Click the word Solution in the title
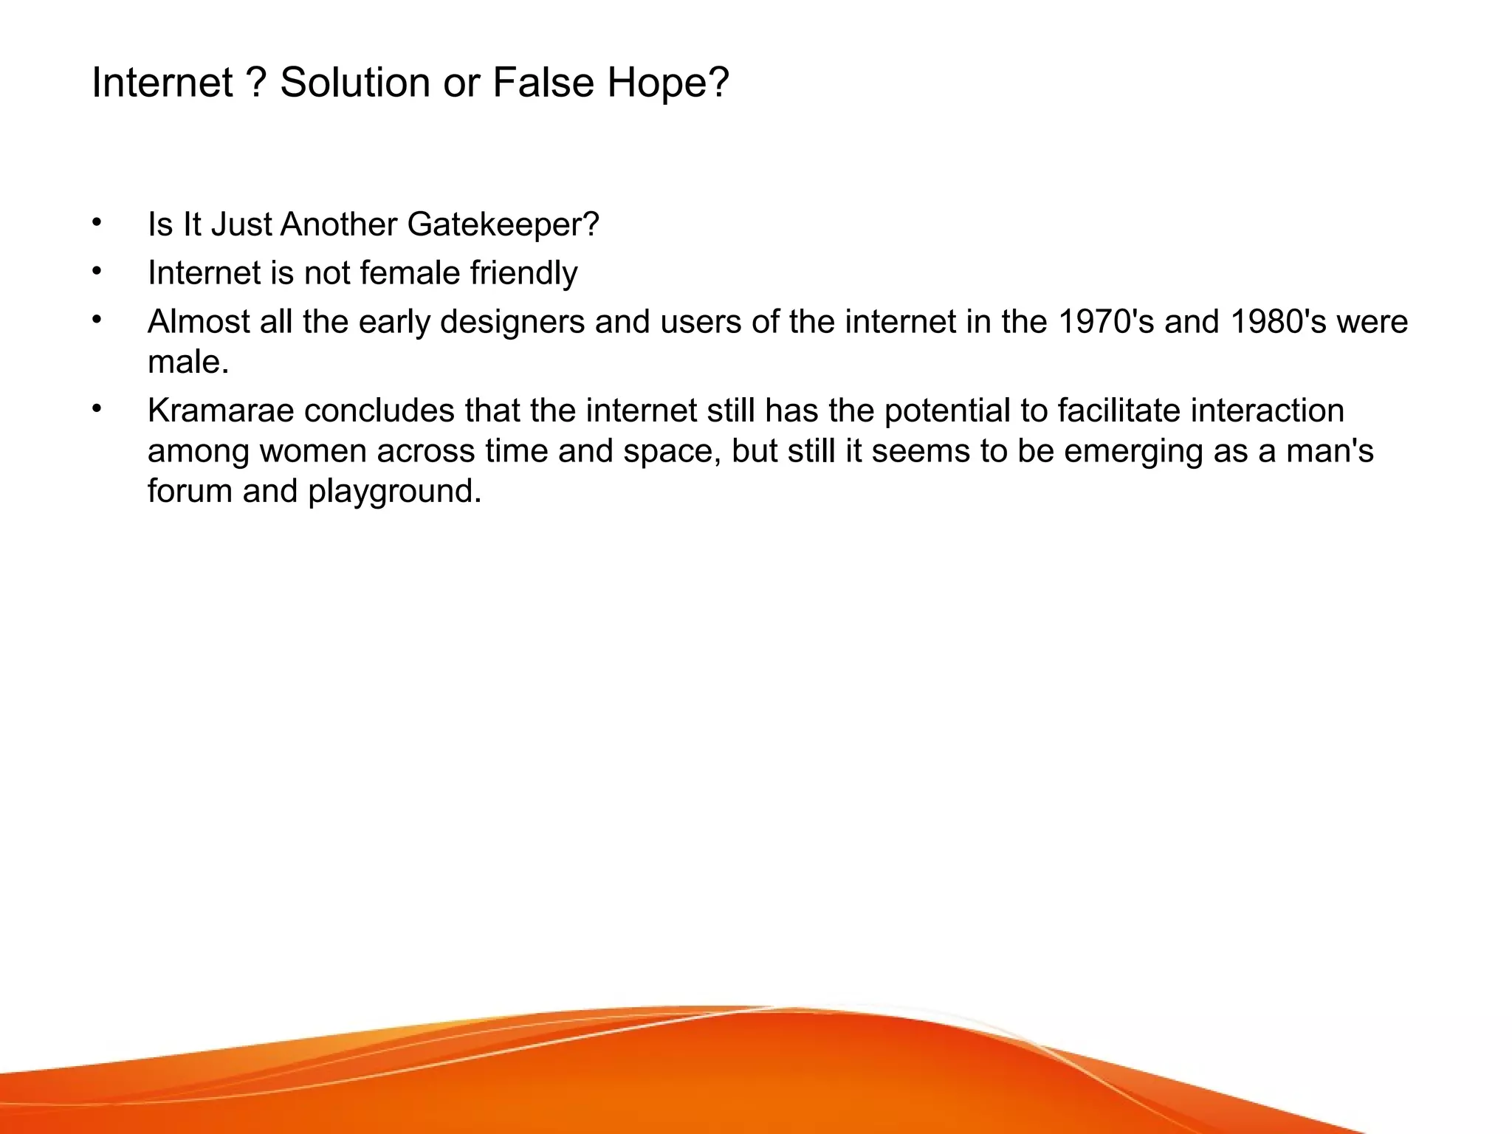[x=354, y=82]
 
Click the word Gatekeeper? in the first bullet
[x=503, y=224]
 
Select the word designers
[x=512, y=323]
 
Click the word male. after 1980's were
[x=188, y=362]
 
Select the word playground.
[x=395, y=492]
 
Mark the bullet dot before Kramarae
[x=97, y=408]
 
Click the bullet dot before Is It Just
[x=97, y=222]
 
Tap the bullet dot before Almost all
[x=97, y=320]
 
